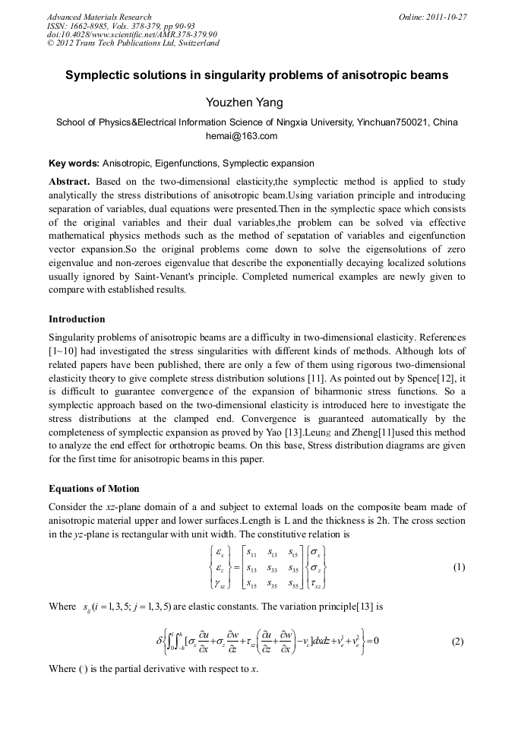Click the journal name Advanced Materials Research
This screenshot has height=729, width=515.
[100, 17]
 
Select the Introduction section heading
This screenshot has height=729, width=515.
[77, 319]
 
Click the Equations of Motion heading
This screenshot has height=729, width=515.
[94, 487]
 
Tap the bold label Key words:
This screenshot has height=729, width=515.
[74, 163]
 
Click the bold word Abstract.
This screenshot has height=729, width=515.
[69, 182]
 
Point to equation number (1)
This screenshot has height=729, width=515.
[458, 567]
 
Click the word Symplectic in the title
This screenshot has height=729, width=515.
[99, 76]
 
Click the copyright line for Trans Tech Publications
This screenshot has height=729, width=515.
[133, 43]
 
